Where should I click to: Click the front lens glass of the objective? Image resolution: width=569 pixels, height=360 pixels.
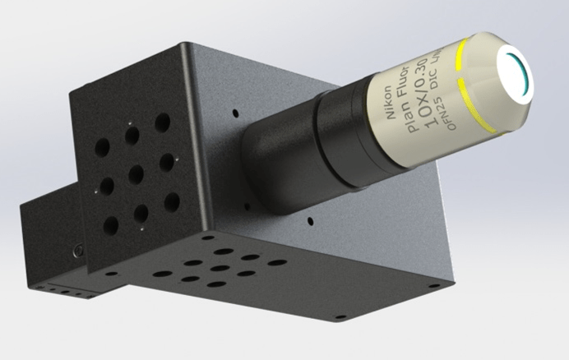[x=517, y=72]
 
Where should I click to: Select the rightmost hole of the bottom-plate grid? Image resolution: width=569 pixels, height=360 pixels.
[x=278, y=263]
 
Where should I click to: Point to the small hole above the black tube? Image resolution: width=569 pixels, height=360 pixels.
[x=236, y=113]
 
